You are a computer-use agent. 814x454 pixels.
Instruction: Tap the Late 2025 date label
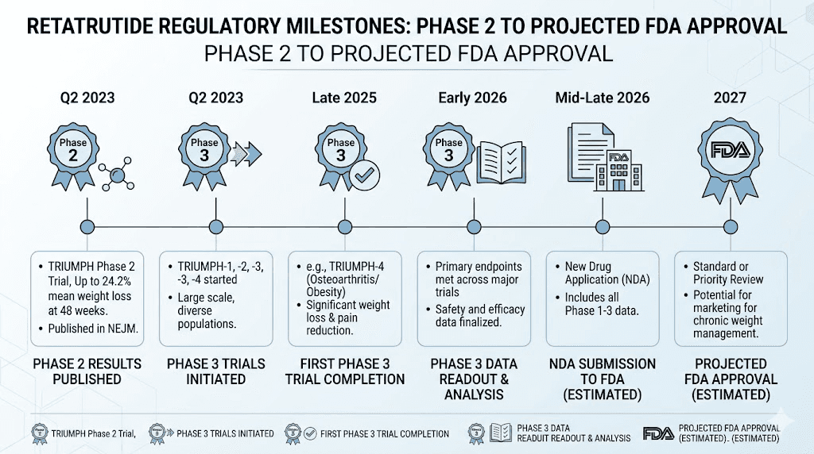pyautogui.click(x=343, y=98)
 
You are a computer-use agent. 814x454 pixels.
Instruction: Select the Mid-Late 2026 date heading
pyautogui.click(x=602, y=98)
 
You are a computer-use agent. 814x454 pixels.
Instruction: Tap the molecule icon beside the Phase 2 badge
pyautogui.click(x=115, y=175)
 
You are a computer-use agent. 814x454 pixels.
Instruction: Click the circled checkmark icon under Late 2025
pyautogui.click(x=366, y=174)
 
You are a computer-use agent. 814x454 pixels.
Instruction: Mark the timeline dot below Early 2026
pyautogui.click(x=473, y=226)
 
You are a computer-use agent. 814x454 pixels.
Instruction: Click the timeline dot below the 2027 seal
pyautogui.click(x=731, y=226)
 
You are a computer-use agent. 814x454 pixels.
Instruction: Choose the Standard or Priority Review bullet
pyautogui.click(x=728, y=272)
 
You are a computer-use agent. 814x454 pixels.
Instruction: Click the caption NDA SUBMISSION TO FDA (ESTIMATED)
pyautogui.click(x=602, y=379)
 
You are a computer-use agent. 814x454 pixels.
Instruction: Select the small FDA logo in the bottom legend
pyautogui.click(x=659, y=433)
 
